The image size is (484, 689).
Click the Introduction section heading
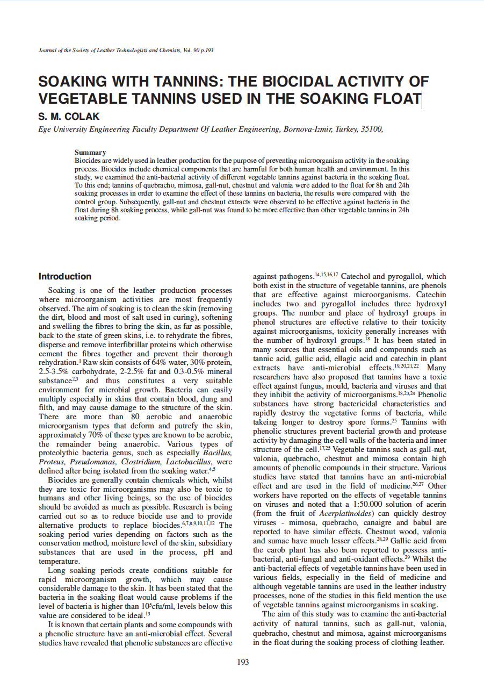pyautogui.click(x=65, y=277)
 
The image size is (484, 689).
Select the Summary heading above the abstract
pyautogui.click(x=90, y=153)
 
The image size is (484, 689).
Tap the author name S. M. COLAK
pyautogui.click(x=69, y=117)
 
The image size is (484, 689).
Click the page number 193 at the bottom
pyautogui.click(x=243, y=662)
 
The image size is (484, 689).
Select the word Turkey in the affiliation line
pyautogui.click(x=347, y=130)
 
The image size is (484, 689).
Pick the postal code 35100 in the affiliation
pyautogui.click(x=372, y=130)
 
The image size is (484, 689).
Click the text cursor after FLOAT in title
pyautogui.click(x=422, y=99)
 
